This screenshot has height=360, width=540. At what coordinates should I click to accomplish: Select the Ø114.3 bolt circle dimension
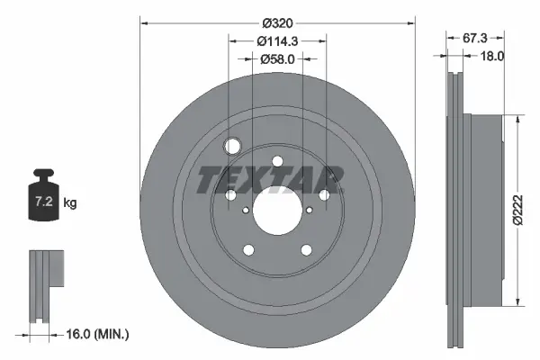tap(277, 40)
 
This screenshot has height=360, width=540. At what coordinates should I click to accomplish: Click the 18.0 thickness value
tap(492, 56)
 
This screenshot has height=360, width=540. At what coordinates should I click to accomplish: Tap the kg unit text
tap(70, 203)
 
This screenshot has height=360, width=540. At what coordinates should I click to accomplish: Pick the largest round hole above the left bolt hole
tap(234, 147)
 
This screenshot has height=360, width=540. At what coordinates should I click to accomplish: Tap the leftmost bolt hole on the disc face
tap(230, 195)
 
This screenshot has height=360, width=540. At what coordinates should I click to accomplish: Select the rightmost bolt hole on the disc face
tap(323, 195)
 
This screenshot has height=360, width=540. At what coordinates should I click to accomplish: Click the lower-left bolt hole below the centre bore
tap(248, 251)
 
